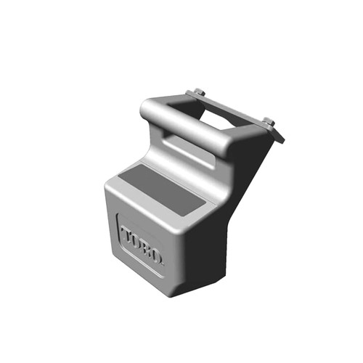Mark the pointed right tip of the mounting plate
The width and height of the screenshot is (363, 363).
pos(282,139)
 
